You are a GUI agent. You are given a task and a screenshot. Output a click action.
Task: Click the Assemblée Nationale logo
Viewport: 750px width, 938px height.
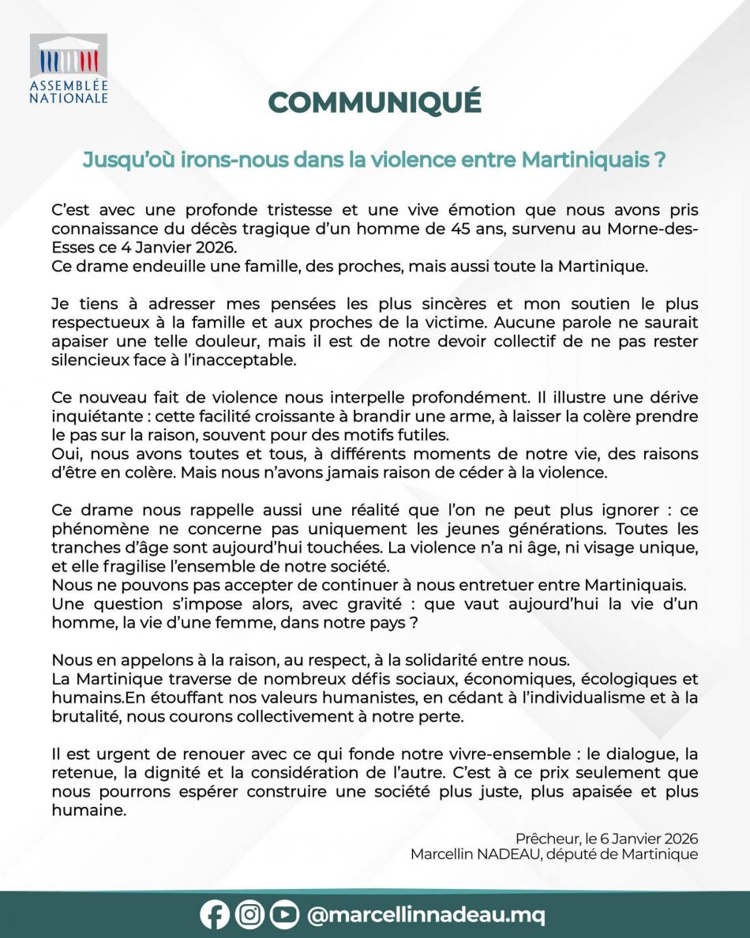[69, 69]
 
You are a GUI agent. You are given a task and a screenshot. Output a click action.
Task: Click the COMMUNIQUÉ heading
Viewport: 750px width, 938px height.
[374, 102]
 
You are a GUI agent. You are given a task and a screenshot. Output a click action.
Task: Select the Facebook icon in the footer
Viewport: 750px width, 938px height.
[215, 915]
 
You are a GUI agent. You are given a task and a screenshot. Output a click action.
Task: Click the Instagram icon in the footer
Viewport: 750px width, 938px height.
[249, 915]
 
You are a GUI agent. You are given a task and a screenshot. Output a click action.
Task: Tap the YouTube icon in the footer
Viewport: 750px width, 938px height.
[284, 915]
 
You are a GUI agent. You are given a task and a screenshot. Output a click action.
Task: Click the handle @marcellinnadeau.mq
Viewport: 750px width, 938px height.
[426, 915]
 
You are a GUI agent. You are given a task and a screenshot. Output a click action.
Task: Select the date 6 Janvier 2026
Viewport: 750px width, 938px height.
[648, 838]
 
